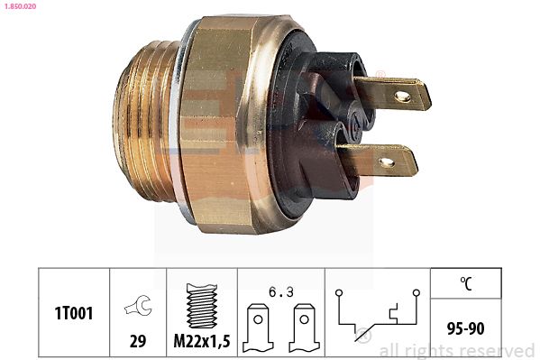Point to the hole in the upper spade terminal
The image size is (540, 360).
click(402, 95)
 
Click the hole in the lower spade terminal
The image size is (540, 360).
click(387, 162)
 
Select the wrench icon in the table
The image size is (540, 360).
click(137, 306)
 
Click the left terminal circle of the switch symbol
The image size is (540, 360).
click(337, 292)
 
